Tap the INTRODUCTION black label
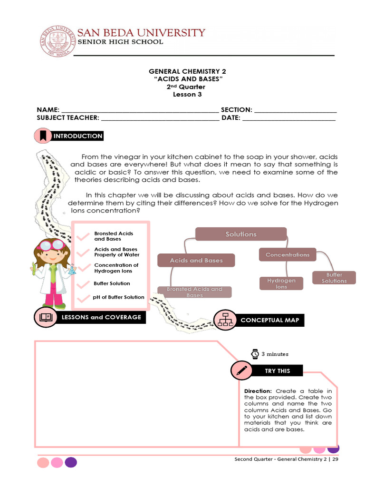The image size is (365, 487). point(78,136)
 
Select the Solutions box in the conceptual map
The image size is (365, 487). point(241,234)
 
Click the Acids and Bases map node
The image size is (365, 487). point(196,261)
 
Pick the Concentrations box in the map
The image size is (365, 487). point(288,255)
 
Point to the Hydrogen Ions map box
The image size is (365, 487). point(281,283)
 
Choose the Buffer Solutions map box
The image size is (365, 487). point(334,278)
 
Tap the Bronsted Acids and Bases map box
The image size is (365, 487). point(194,292)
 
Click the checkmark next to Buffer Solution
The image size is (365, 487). point(84,284)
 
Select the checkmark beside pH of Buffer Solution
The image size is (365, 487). point(84,298)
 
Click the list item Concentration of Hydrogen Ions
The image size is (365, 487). point(116,268)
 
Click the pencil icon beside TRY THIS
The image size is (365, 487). point(241,371)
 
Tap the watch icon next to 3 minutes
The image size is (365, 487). point(255,354)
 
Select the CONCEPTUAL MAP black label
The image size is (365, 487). point(270,320)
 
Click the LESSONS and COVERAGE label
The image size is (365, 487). point(101,317)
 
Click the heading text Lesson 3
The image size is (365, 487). point(184,94)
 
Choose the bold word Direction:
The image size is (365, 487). point(258,391)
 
